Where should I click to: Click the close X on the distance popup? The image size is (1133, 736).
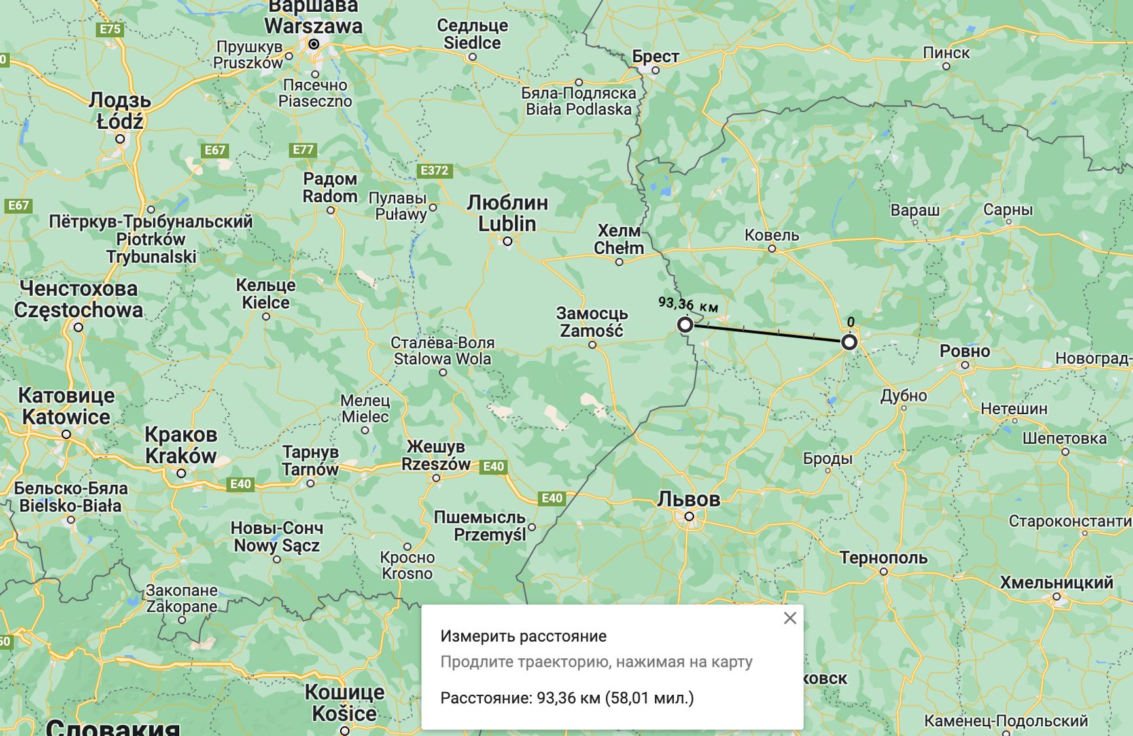(790, 618)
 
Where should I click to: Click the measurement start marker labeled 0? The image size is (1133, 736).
(848, 342)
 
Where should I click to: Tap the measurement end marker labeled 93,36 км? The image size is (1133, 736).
(685, 324)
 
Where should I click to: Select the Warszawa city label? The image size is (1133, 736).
(313, 26)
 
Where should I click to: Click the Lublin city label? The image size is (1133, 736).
(507, 224)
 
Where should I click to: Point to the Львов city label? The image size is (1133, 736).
(688, 499)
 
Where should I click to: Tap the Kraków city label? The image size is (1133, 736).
(181, 455)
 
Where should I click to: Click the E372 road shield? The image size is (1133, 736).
(434, 171)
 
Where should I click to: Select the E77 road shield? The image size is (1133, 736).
(303, 150)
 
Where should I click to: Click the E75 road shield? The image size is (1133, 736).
(109, 29)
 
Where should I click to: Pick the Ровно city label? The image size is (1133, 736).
(964, 351)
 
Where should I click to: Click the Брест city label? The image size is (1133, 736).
(655, 57)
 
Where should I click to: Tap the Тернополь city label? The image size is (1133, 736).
(883, 558)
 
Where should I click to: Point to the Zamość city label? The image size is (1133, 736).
(591, 331)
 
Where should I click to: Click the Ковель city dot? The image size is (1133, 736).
(772, 249)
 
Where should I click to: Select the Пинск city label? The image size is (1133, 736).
(946, 53)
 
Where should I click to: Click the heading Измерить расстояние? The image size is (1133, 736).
(523, 636)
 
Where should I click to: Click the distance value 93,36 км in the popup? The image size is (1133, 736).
(568, 698)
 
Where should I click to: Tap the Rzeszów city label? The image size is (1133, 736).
(436, 464)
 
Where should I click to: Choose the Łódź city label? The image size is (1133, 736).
(120, 121)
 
